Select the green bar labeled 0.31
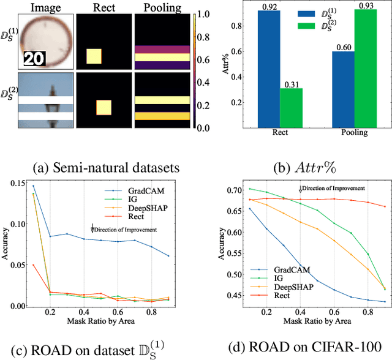pos(291,108)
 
